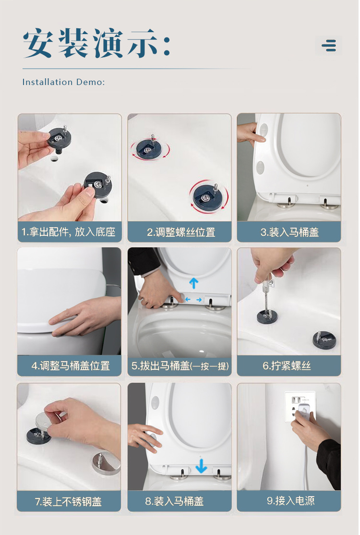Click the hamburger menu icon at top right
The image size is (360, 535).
click(x=329, y=45)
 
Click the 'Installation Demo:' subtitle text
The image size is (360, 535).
click(x=63, y=82)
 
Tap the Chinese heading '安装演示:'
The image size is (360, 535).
click(x=96, y=43)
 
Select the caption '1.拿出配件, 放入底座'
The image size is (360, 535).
click(x=69, y=232)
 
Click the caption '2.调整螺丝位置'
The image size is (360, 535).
click(x=181, y=232)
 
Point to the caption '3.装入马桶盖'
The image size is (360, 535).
click(x=289, y=232)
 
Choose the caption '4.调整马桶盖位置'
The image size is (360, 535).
click(x=71, y=366)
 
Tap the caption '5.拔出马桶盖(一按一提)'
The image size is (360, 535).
click(x=180, y=366)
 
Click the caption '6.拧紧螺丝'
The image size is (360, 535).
click(x=287, y=366)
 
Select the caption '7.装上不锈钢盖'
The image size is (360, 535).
click(x=68, y=501)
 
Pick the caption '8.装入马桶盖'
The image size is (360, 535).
click(x=174, y=501)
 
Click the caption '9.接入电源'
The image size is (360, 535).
click(x=291, y=501)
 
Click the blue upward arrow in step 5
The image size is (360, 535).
click(x=193, y=283)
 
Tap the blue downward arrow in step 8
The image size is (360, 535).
click(x=201, y=466)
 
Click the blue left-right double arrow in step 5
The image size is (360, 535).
click(x=193, y=300)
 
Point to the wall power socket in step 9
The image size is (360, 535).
click(x=300, y=406)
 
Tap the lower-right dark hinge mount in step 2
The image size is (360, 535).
click(x=208, y=196)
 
